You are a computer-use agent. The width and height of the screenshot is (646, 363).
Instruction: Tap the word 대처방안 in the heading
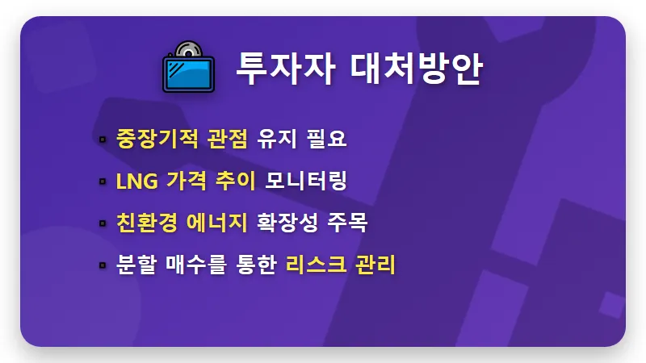point(417,69)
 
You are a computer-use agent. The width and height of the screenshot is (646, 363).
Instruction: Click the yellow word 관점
point(224,138)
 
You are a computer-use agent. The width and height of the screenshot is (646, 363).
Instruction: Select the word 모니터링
point(306,181)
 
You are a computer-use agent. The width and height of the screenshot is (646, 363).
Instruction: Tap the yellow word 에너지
point(216,223)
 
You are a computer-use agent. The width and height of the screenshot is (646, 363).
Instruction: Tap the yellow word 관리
point(375,265)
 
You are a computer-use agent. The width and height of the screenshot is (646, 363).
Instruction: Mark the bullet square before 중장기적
point(103,139)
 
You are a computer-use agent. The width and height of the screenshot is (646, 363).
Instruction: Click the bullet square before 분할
point(103,265)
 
